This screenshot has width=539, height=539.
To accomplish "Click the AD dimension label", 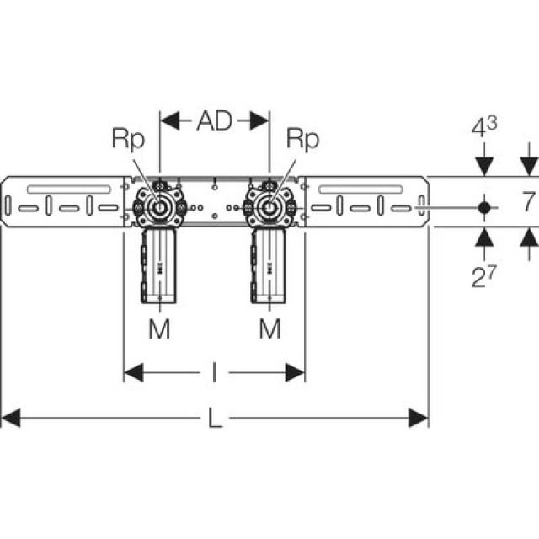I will (214, 121).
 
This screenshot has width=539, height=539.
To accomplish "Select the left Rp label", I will (129, 139).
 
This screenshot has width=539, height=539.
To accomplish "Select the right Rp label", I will (302, 139).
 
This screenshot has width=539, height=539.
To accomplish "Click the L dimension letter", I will (216, 419).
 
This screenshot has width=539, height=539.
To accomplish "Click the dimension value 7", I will (527, 202).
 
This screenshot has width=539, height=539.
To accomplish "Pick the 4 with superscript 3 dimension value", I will (483, 129).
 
